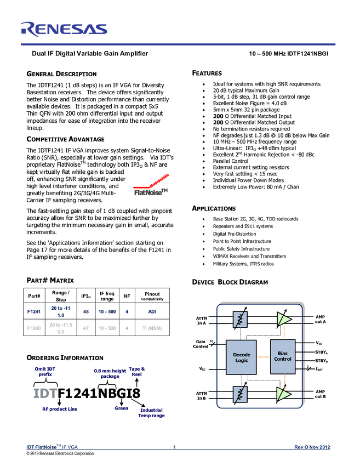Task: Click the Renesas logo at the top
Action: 64,29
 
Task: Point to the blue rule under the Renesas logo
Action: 178,44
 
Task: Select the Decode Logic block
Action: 241,357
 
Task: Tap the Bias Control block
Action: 283,356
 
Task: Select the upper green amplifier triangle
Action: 283,319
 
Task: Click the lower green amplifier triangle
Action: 283,394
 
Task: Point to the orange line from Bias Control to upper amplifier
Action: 285,332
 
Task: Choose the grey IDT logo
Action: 45,393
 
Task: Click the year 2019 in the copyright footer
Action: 35,454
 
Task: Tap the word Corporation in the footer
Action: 81,454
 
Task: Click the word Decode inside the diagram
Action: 241,354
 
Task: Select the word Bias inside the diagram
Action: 283,353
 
